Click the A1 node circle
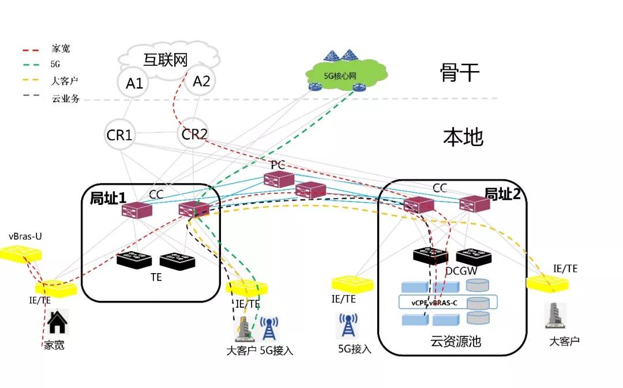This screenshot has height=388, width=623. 134,84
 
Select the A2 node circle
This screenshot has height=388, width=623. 201,81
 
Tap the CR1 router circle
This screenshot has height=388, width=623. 120,135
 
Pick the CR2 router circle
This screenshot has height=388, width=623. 194,135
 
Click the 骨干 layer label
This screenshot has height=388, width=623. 459,73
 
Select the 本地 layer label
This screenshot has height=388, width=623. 463,137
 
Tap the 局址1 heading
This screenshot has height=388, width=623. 107,198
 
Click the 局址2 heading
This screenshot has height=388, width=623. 502,194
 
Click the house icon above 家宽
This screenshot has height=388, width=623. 57,322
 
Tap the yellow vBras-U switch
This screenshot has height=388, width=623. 21,253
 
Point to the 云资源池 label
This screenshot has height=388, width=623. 455,341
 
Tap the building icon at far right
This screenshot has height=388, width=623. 555,317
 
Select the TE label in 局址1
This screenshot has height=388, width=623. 156,277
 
